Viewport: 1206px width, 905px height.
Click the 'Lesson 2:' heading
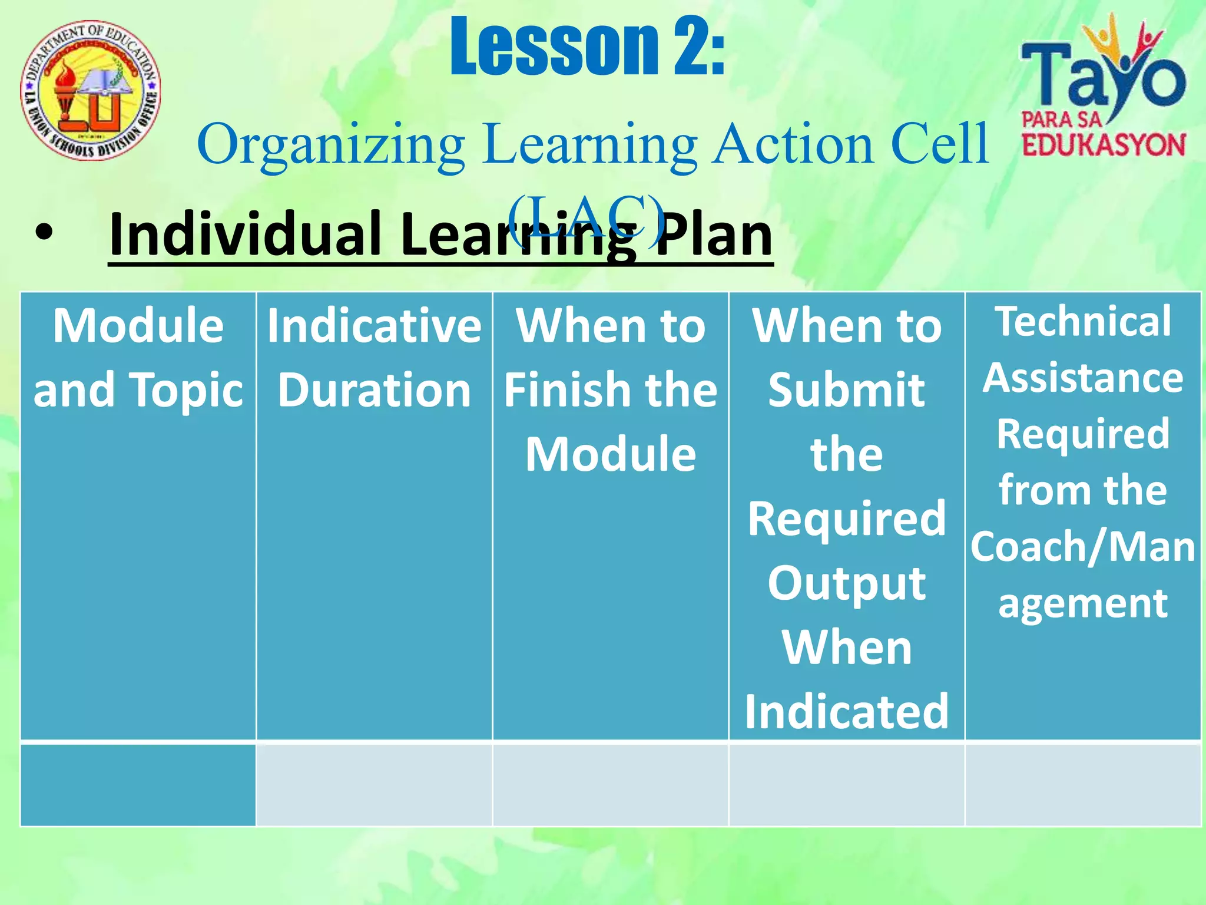(587, 47)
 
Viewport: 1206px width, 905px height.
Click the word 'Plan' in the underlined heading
(714, 234)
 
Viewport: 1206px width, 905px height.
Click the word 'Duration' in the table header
(374, 390)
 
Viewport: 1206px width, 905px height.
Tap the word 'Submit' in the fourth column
(846, 390)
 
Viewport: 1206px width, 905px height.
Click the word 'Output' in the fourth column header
(846, 583)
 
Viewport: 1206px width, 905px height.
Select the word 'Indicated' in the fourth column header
(846, 712)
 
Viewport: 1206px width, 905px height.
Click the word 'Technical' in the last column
(1082, 322)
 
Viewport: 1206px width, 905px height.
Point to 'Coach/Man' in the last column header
(1082, 547)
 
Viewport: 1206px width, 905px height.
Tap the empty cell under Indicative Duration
(374, 785)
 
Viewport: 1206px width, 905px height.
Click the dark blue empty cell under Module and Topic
(138, 785)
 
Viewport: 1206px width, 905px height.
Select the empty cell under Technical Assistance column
(1082, 785)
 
